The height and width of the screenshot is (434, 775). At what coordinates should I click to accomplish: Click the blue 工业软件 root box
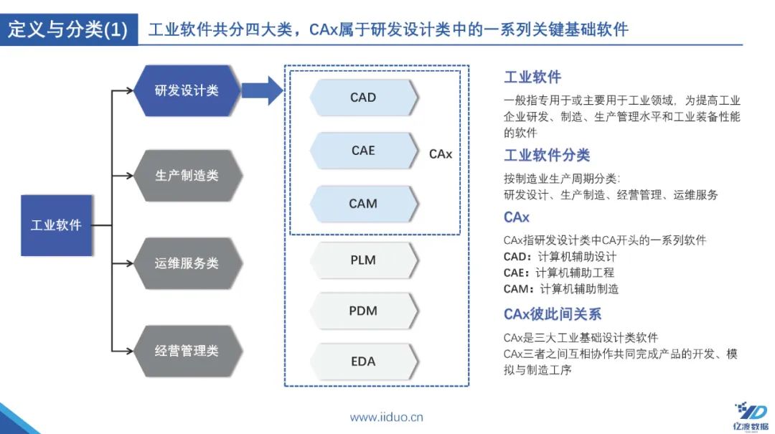57,225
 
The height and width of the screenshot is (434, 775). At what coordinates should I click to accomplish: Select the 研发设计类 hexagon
187,91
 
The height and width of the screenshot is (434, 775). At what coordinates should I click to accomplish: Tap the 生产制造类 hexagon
187,176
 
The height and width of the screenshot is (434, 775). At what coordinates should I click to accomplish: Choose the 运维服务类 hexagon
187,263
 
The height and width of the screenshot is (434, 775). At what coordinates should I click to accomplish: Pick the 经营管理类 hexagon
187,351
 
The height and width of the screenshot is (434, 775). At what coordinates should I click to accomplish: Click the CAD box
363,98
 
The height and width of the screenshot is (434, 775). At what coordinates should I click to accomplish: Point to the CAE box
363,151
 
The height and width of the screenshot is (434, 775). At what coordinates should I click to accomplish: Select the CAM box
363,204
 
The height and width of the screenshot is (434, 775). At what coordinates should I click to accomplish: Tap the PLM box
363,260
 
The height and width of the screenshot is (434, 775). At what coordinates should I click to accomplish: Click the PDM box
363,311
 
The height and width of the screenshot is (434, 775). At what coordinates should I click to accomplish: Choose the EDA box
363,362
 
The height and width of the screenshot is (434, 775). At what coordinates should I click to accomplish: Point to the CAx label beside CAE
441,154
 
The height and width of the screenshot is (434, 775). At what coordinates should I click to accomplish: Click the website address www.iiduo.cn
386,417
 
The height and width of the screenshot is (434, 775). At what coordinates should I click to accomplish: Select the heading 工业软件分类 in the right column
547,156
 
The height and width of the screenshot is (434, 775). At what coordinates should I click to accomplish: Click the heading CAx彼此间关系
553,314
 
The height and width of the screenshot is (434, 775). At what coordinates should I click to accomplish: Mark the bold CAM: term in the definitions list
520,289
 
